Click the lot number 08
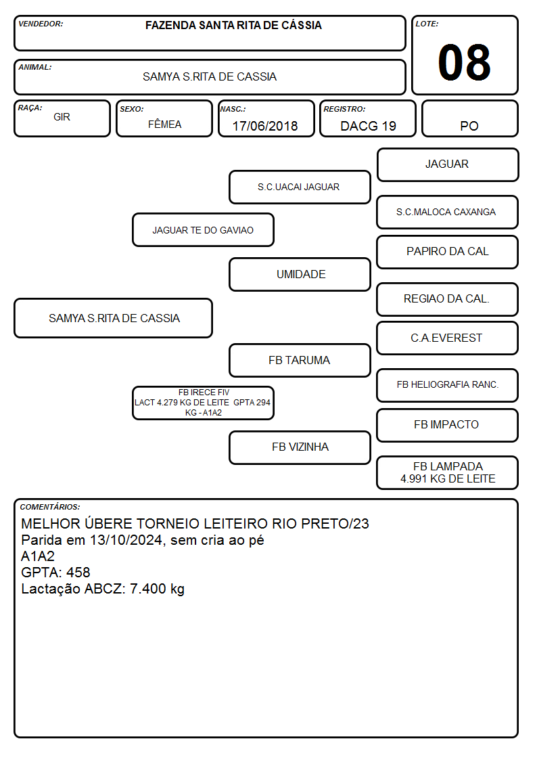(x=464, y=62)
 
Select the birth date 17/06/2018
(x=265, y=126)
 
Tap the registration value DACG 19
(x=368, y=126)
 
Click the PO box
(x=469, y=119)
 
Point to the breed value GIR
(x=62, y=117)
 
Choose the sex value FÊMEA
(x=164, y=124)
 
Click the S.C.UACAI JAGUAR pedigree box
(x=300, y=187)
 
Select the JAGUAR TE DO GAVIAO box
(x=203, y=229)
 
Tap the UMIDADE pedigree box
(x=300, y=274)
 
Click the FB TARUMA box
(x=300, y=360)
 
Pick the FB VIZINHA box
(x=300, y=447)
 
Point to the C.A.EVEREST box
(x=448, y=338)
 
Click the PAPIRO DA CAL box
(x=448, y=252)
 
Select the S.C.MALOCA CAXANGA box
(x=448, y=212)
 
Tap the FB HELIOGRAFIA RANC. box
(x=448, y=385)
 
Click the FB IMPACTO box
(x=448, y=425)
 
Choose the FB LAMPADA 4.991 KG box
(x=448, y=472)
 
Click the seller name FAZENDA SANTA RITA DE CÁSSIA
(x=233, y=25)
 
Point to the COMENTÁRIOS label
(x=50, y=507)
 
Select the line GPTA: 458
(x=55, y=573)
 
